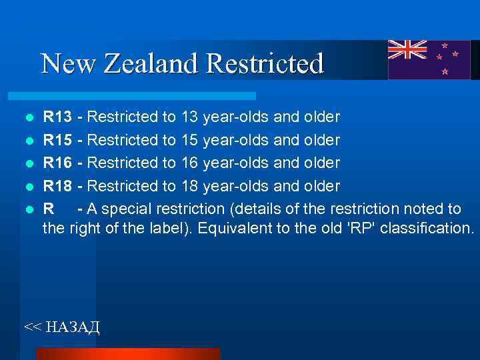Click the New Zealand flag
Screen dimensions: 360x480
click(x=429, y=59)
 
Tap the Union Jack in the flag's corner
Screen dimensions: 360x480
click(x=408, y=50)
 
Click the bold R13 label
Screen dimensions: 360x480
click(x=58, y=118)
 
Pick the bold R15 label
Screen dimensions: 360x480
click(x=58, y=141)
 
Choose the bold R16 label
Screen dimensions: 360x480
click(x=58, y=163)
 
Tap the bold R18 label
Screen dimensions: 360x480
click(x=58, y=185)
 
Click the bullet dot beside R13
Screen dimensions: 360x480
click(x=29, y=119)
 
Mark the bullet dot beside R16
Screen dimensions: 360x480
click(x=29, y=164)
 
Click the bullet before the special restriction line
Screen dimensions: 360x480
click(x=29, y=209)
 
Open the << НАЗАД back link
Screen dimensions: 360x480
click(x=61, y=326)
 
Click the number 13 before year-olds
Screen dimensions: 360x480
click(x=190, y=118)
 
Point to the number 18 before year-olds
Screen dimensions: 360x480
click(x=190, y=185)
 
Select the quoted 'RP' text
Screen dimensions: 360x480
click(x=363, y=229)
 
